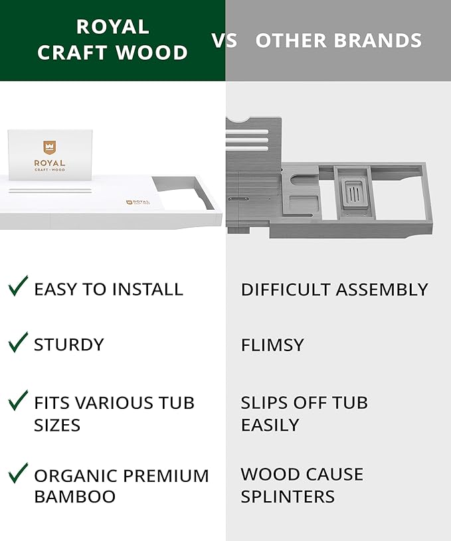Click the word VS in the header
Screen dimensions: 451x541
coord(225,40)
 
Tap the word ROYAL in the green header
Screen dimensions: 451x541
coord(112,27)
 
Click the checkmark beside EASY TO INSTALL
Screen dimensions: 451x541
coord(18,286)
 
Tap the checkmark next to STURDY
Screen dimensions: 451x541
coord(18,342)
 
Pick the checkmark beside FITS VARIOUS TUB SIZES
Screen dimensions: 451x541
coord(18,400)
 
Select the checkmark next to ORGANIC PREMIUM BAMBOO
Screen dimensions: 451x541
coord(18,473)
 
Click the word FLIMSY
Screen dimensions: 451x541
coord(272,345)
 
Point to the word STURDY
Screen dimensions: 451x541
coord(69,345)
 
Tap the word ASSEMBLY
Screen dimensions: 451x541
coord(382,289)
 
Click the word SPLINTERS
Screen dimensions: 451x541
coord(288,497)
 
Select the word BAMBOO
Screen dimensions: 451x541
coord(75,497)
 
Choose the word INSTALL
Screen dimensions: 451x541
coord(147,289)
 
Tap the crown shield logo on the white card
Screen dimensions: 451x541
coord(50,147)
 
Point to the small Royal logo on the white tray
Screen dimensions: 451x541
coord(137,202)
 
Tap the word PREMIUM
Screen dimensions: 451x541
coord(166,476)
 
